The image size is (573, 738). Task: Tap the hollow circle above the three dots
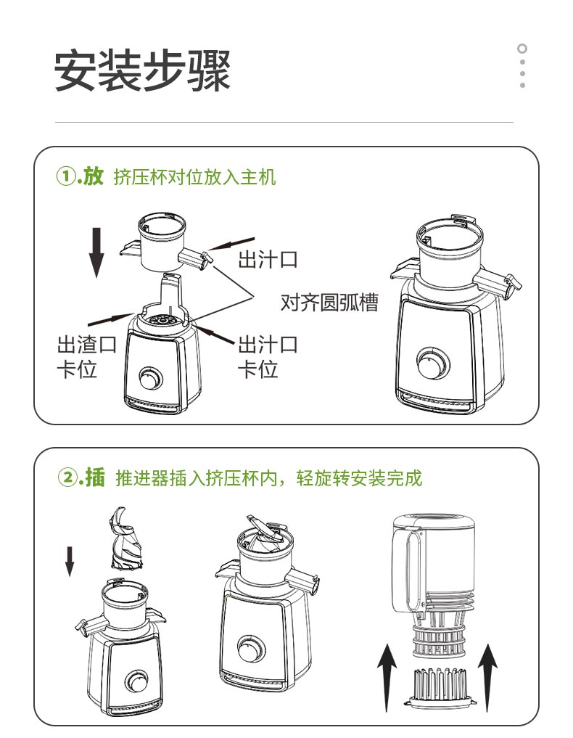[522, 49]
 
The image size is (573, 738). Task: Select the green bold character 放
[93, 176]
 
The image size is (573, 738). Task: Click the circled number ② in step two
[66, 478]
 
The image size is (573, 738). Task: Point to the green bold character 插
[95, 477]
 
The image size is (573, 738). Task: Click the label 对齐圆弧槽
[329, 302]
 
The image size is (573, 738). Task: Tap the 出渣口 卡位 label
[86, 356]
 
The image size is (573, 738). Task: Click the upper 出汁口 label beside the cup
[268, 259]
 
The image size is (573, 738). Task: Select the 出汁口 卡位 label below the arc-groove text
[268, 356]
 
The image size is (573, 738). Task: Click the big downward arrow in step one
[97, 253]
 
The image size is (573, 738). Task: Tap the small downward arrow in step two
[70, 561]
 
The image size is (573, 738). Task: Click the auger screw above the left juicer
[124, 538]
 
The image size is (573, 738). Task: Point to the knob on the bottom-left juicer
[136, 681]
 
